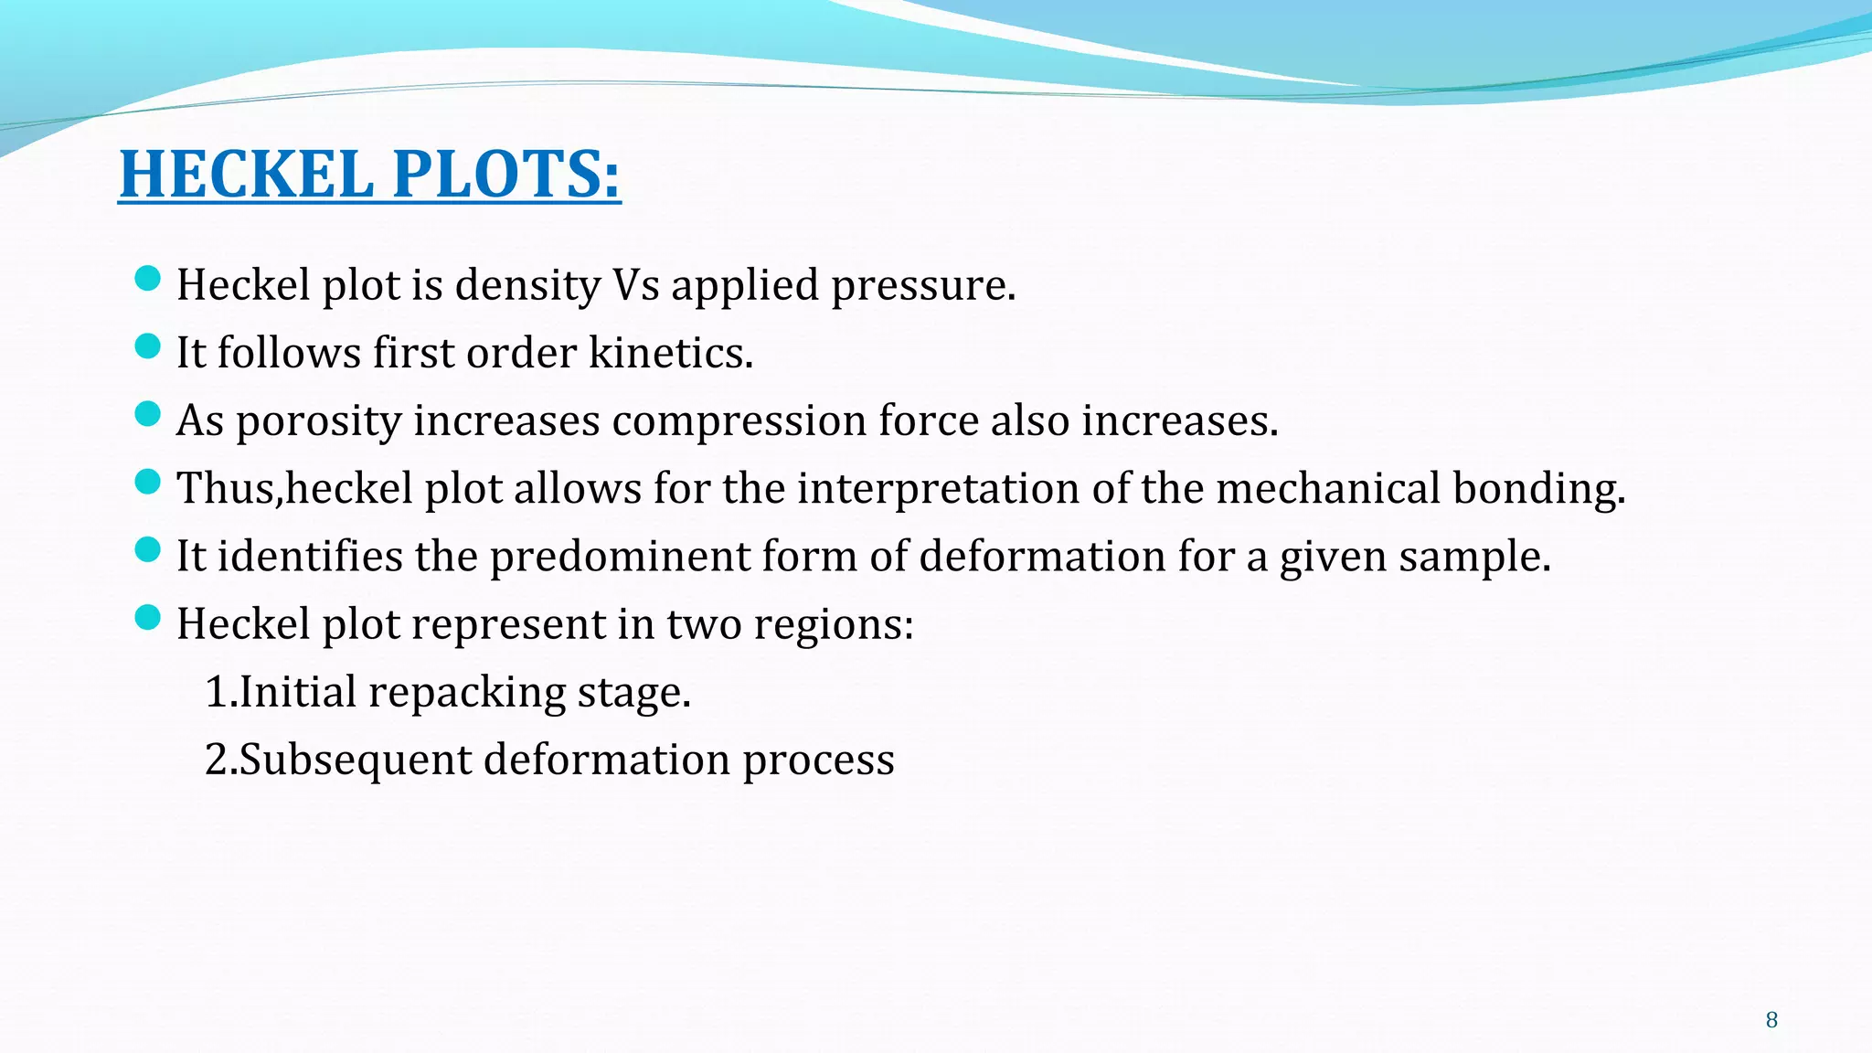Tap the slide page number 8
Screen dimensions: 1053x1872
tap(1771, 1020)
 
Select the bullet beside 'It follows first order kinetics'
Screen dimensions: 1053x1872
tap(146, 346)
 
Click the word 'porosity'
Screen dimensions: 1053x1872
tap(318, 421)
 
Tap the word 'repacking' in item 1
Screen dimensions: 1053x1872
tap(467, 693)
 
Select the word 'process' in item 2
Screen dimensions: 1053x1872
tap(818, 760)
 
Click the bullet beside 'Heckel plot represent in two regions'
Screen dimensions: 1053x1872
tap(146, 618)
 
